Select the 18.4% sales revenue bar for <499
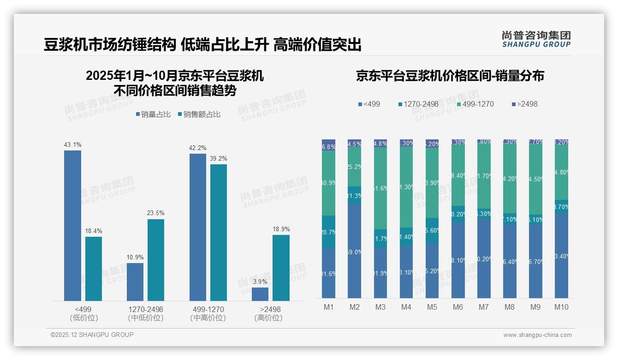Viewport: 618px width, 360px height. point(94,269)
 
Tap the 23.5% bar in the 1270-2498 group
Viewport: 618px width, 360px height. point(156,260)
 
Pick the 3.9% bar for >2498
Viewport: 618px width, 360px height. point(260,294)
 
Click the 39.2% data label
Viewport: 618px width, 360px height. point(219,158)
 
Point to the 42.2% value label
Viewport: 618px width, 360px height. point(197,148)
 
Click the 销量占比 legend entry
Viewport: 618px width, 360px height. point(153,114)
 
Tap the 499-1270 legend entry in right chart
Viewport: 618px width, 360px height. point(475,104)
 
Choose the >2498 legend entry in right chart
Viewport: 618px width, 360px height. point(525,104)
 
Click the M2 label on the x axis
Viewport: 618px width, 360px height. point(354,307)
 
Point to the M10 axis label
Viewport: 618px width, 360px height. point(561,307)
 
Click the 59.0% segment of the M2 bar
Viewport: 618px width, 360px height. point(354,252)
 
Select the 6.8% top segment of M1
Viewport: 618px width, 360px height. point(328,145)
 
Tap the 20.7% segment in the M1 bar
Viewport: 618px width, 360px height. point(328,232)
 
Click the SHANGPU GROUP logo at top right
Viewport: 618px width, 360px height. point(536,39)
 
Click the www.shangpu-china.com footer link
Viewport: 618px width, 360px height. point(537,335)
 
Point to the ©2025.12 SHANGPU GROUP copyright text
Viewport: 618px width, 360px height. point(92,335)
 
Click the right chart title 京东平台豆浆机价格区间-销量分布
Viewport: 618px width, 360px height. point(450,76)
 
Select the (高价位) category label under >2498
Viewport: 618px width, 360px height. point(268,318)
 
